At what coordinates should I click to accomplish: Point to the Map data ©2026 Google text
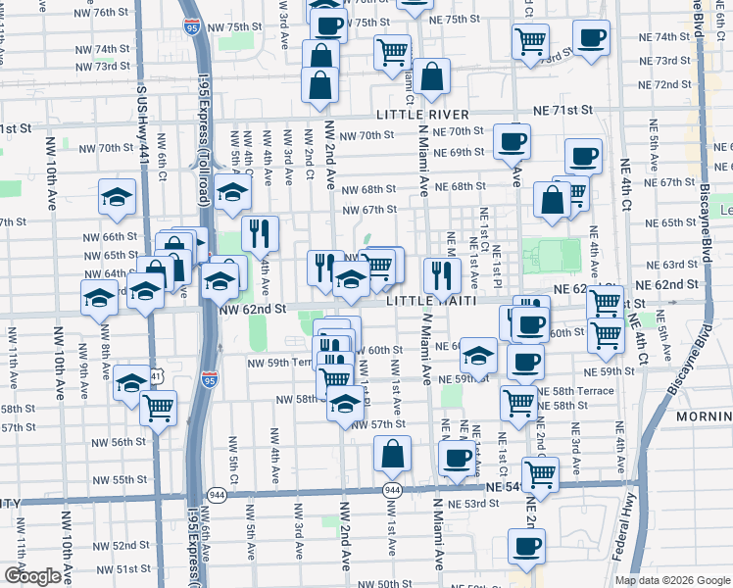click(671, 580)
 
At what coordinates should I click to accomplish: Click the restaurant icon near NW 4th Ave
click(260, 233)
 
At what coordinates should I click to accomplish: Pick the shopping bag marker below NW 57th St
click(392, 454)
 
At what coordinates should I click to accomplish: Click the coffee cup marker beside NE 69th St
click(511, 141)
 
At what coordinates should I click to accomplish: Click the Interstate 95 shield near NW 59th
click(210, 379)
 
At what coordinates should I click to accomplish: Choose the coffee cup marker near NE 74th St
click(590, 38)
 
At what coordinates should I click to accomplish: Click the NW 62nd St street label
click(252, 309)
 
